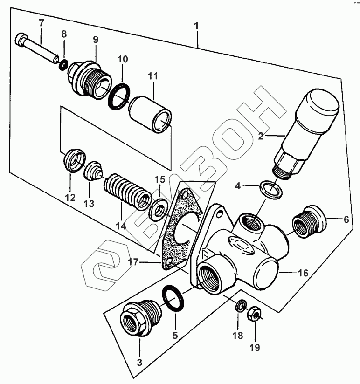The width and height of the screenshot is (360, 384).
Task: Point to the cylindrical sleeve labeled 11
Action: coord(151,113)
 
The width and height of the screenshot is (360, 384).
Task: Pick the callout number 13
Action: coord(89,204)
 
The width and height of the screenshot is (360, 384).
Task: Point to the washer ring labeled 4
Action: coord(270,189)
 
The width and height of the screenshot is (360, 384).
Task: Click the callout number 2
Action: coord(261,136)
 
